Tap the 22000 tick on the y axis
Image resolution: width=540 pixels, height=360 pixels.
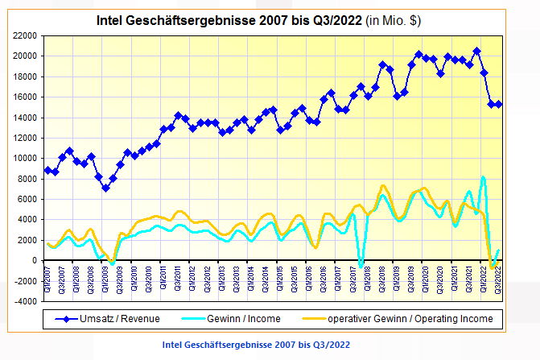click(x=25, y=35)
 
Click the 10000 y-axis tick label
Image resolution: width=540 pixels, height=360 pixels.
click(x=25, y=158)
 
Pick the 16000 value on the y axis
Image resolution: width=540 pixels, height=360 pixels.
click(x=25, y=97)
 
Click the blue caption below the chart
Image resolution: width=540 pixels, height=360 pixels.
click(x=256, y=345)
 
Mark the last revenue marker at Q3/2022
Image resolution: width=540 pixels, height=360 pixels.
click(x=499, y=104)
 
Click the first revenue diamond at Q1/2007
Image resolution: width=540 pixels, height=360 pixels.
click(x=48, y=170)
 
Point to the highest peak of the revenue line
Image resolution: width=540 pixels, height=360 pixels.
click(x=476, y=51)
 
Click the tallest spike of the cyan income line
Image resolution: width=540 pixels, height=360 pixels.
click(x=484, y=177)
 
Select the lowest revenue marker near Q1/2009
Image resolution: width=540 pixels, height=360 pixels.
click(x=105, y=188)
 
